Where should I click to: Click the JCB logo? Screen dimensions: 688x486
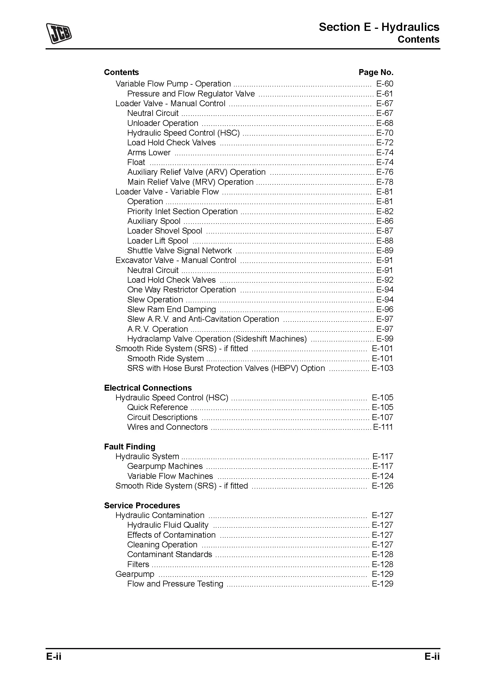(x=59, y=33)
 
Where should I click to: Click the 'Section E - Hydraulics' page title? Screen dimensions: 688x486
(x=379, y=27)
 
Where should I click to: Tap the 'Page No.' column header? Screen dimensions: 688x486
(x=376, y=72)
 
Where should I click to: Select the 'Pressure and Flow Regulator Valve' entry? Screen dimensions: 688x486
(x=191, y=94)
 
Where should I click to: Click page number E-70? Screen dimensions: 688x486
(x=385, y=133)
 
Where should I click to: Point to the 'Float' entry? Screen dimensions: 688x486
(x=136, y=162)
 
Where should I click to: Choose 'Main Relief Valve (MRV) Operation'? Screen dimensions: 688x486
(x=190, y=182)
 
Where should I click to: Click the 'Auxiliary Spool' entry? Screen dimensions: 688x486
(x=153, y=221)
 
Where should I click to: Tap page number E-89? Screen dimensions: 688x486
(x=385, y=251)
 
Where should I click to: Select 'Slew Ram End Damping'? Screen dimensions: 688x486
(x=171, y=309)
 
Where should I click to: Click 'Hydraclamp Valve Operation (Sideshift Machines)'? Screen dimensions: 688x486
(x=217, y=339)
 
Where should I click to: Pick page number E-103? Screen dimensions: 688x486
(x=383, y=368)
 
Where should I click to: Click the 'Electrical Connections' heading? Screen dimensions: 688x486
(x=148, y=388)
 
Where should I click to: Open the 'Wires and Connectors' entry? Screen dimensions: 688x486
(x=167, y=427)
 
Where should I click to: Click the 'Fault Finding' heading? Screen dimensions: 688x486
(x=130, y=447)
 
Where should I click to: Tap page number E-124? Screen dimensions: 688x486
(x=383, y=476)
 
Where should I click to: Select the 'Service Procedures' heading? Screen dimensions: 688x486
(x=142, y=505)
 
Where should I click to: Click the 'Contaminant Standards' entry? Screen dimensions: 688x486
(x=169, y=554)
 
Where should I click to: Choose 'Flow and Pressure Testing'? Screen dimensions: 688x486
(x=175, y=584)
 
